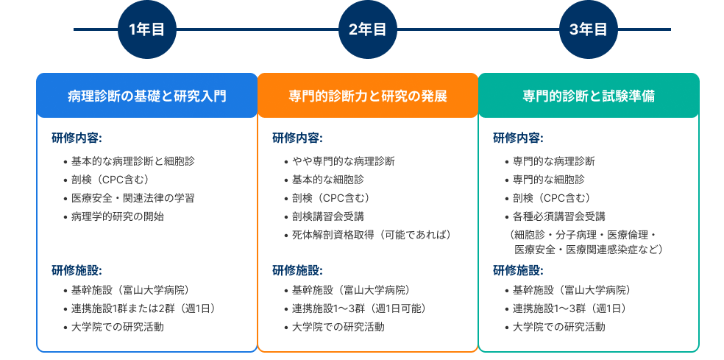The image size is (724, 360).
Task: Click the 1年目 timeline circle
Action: (146, 29)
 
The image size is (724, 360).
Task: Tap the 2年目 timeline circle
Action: (367, 29)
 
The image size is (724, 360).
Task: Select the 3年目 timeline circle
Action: (588, 29)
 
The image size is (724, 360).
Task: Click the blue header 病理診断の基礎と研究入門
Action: (146, 96)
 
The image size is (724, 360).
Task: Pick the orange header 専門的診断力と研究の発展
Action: (367, 96)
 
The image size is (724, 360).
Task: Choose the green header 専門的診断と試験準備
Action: (588, 96)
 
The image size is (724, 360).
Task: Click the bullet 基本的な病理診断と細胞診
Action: (132, 161)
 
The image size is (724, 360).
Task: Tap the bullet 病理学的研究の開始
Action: (117, 216)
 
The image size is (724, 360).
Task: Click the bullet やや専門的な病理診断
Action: (343, 161)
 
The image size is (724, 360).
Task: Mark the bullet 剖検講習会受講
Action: (327, 216)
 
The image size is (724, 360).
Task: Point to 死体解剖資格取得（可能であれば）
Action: (371, 235)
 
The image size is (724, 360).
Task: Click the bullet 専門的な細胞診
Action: (548, 180)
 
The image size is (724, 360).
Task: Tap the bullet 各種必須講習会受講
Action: (558, 216)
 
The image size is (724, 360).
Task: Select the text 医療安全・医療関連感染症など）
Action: (589, 250)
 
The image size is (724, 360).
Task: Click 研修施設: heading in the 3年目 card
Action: (518, 270)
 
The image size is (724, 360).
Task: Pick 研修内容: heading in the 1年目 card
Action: (77, 138)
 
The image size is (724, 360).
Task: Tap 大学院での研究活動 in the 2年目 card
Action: (338, 327)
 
